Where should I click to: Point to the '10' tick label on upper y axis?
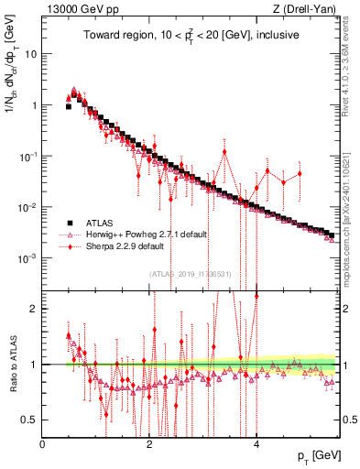[x=31, y=54]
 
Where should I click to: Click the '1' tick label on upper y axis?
[x=34, y=105]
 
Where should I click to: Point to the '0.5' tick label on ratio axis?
[x=30, y=420]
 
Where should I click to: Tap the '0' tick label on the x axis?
[x=43, y=443]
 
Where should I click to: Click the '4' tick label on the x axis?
[x=256, y=443]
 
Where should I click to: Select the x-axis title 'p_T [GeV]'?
[x=320, y=456]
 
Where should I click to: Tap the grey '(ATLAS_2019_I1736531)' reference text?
[x=190, y=273]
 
